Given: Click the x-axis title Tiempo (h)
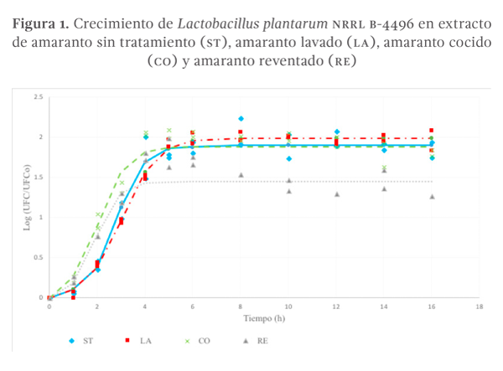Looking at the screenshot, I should pyautogui.click(x=263, y=319).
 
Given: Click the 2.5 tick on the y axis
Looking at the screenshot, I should pyautogui.click(x=39, y=97).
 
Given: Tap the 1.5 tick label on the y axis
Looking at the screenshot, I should pyautogui.click(x=39, y=178).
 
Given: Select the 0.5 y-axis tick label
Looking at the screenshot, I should pyautogui.click(x=39, y=257).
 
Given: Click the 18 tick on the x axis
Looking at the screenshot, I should pyautogui.click(x=480, y=307).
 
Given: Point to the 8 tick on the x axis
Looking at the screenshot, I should pyautogui.click(x=241, y=307).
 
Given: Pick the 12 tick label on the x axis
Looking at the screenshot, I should pyautogui.click(x=336, y=307).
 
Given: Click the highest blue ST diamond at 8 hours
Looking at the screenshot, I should pyautogui.click(x=241, y=119).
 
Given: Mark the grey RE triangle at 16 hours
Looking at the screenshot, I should pyautogui.click(x=432, y=197).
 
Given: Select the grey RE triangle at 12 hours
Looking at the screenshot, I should pyautogui.click(x=336, y=194).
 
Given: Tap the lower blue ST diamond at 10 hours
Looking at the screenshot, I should pyautogui.click(x=288, y=159).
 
